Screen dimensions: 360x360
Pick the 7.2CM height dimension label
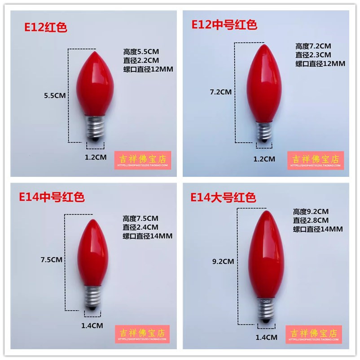[x=220, y=92]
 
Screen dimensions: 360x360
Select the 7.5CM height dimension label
[x=51, y=259]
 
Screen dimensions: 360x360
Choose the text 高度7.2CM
[x=313, y=46]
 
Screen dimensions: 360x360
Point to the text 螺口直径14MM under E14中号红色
[x=148, y=236]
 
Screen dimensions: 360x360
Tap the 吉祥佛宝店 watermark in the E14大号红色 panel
[x=314, y=334]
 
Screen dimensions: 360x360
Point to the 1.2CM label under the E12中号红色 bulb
[x=264, y=158]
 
